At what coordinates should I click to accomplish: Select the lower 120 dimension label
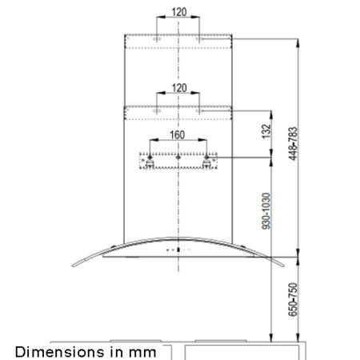[x=178, y=86]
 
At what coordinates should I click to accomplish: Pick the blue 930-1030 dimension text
[x=266, y=209]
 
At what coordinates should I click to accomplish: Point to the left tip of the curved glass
[x=70, y=270]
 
